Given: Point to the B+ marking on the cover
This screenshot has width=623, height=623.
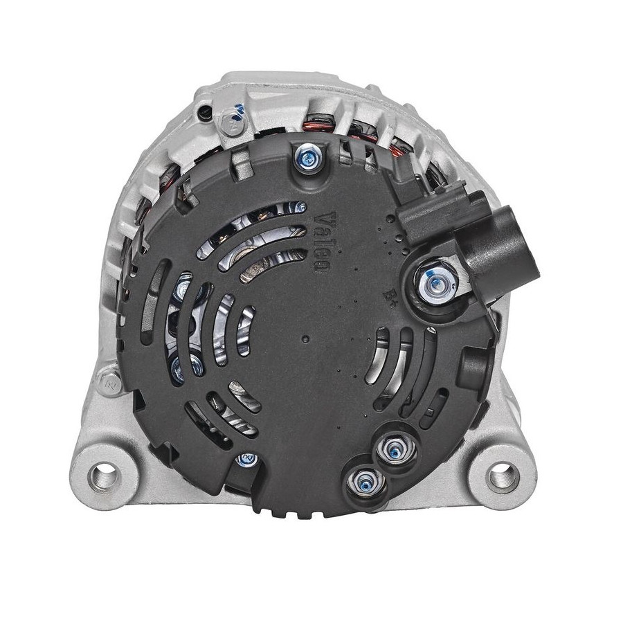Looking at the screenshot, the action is [x=388, y=294].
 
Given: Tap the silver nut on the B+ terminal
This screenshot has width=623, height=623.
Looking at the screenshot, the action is [x=436, y=282].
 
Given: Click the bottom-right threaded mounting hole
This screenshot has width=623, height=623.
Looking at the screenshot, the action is [x=504, y=476].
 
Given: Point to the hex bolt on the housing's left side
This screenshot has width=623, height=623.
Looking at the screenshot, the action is [x=108, y=383].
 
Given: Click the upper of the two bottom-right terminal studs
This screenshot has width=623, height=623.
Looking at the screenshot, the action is [x=395, y=448].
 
